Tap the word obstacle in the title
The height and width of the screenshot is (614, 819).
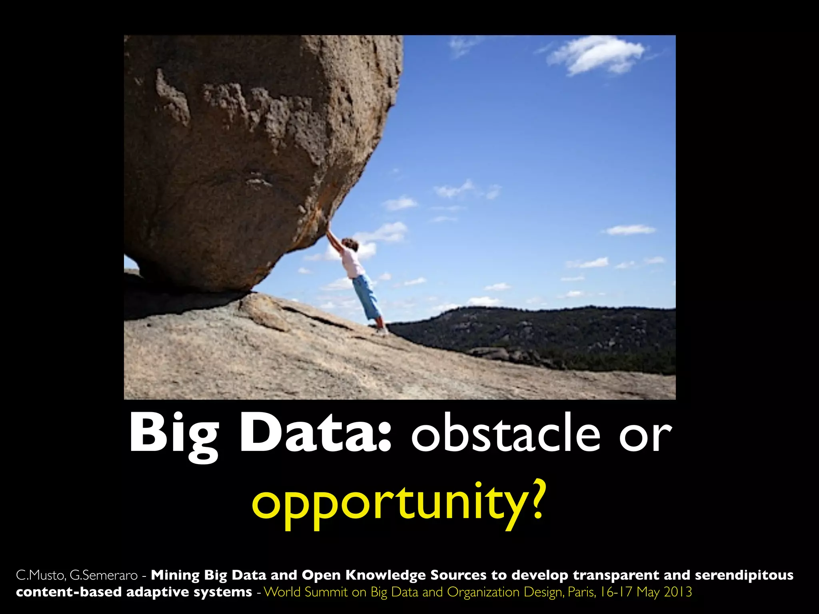[x=505, y=434]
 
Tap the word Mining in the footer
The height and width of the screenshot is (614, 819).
[x=175, y=576]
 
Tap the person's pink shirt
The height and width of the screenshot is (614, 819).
[x=352, y=262]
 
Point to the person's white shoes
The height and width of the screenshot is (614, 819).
[x=382, y=331]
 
